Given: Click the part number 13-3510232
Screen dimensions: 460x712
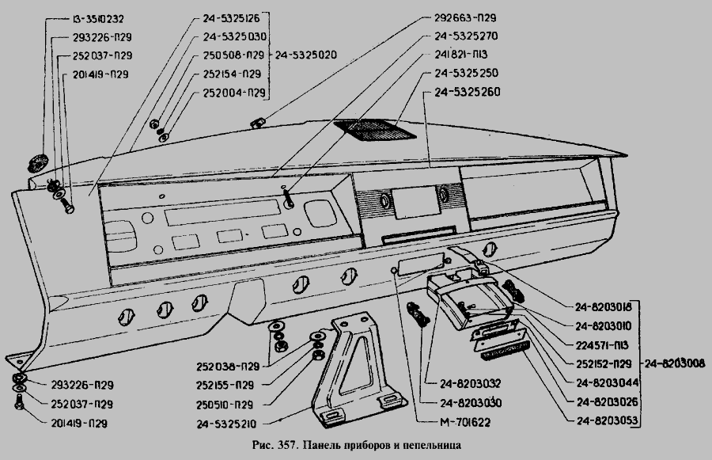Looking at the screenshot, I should pyautogui.click(x=98, y=18).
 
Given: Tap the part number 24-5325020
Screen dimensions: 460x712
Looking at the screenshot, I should pyautogui.click(x=305, y=55).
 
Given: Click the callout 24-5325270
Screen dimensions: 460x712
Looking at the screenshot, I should pyautogui.click(x=466, y=36).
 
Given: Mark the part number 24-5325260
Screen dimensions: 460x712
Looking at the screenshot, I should pyautogui.click(x=466, y=93).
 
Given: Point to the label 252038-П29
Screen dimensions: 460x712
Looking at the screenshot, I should pyautogui.click(x=229, y=367).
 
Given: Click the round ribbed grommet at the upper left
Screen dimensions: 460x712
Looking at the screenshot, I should pyautogui.click(x=35, y=163).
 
